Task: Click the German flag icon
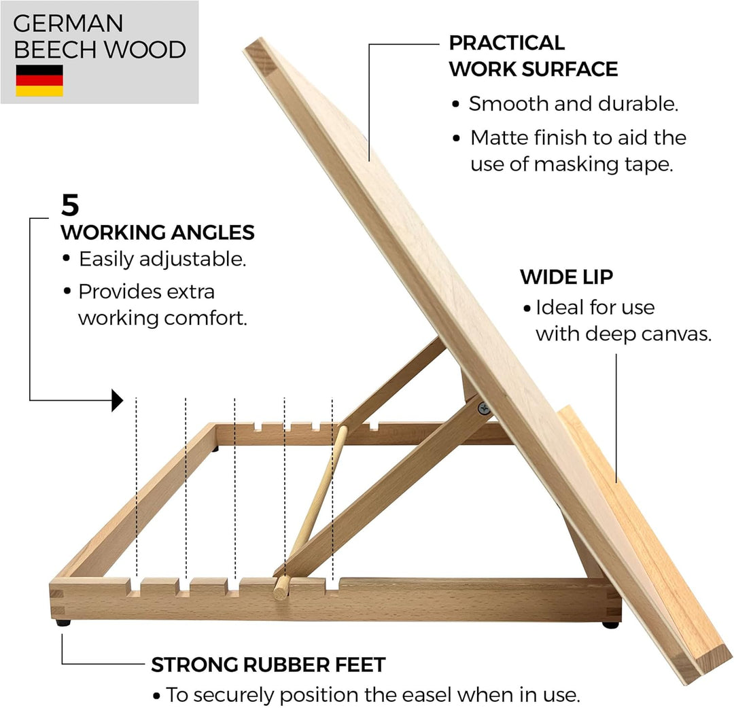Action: tap(39, 80)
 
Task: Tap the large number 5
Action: tap(70, 205)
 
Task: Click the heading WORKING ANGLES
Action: tap(158, 232)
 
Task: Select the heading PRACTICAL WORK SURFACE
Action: tap(534, 56)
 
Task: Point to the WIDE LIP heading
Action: tap(566, 277)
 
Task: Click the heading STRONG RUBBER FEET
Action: tap(268, 665)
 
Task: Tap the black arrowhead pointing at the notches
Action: tap(117, 400)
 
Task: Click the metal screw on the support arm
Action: tap(484, 408)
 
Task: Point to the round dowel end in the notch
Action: tap(281, 588)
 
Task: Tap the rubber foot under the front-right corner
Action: tap(610, 624)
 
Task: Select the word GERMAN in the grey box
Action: tap(69, 23)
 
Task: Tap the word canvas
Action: tap(677, 334)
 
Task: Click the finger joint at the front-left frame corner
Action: tap(56, 602)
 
